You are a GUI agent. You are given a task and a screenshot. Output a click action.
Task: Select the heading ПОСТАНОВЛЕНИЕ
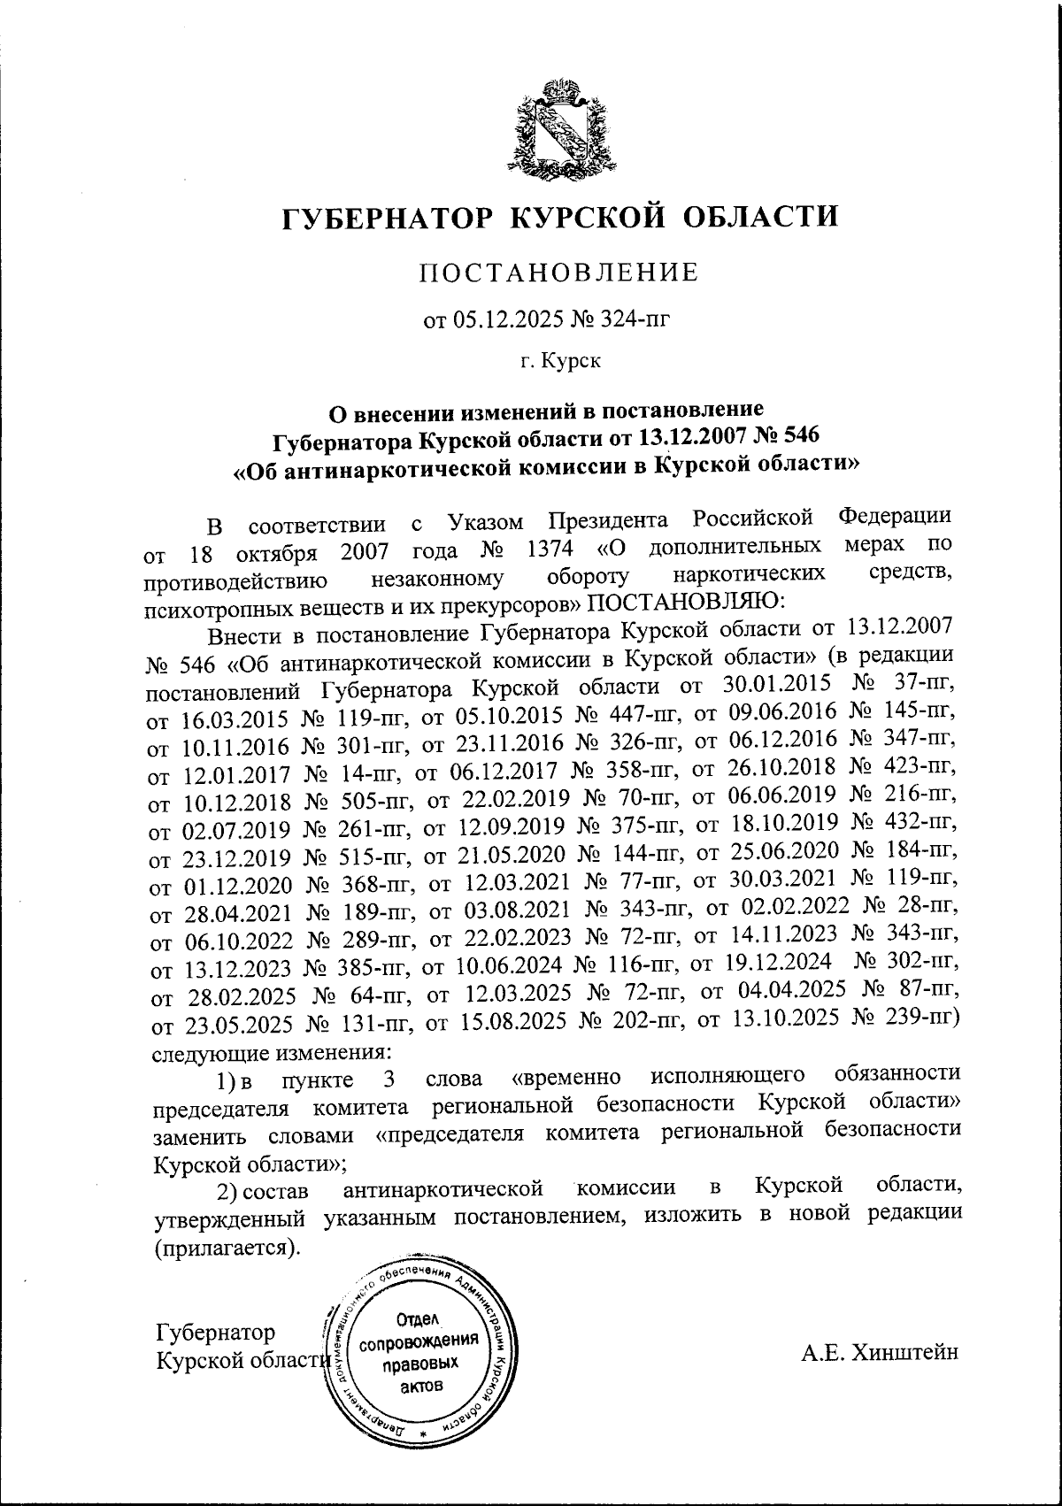558,273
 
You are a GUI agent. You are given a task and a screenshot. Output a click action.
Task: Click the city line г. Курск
558,361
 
